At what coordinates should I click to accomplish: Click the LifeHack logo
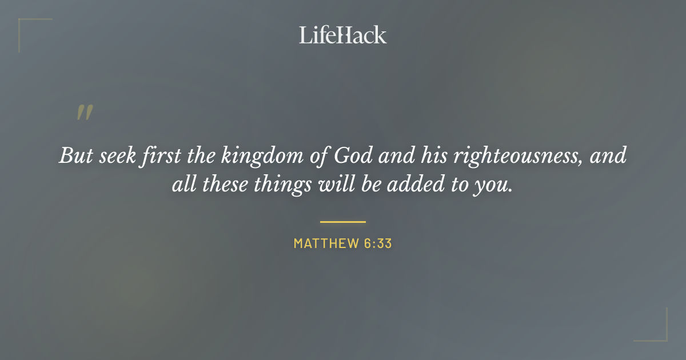[x=343, y=35]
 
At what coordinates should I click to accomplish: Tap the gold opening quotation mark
[x=84, y=113]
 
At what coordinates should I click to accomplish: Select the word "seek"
[x=113, y=156]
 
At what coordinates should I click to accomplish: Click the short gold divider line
[x=343, y=222]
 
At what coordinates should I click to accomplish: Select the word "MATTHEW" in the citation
[x=325, y=243]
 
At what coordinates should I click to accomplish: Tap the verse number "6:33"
[x=377, y=243]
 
